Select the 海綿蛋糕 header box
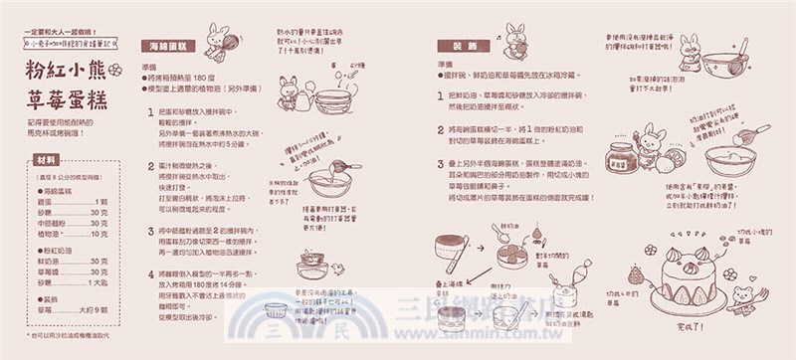point(167,47)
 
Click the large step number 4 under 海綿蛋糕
point(148,271)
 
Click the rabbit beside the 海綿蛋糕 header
point(212,42)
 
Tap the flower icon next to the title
point(113,70)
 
